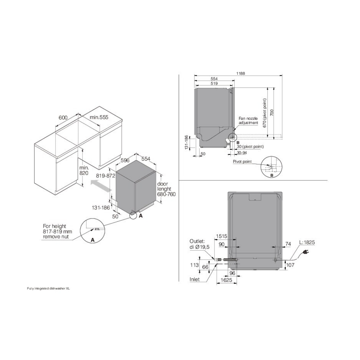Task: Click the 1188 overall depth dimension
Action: [240, 73]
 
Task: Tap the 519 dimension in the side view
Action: [214, 84]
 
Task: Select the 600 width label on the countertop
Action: [63, 118]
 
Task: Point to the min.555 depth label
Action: [99, 118]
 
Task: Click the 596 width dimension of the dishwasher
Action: [125, 160]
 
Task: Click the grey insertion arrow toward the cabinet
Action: [101, 186]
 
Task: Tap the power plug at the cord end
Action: [306, 253]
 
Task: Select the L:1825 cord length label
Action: [307, 242]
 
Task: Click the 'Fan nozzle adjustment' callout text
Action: [248, 121]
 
